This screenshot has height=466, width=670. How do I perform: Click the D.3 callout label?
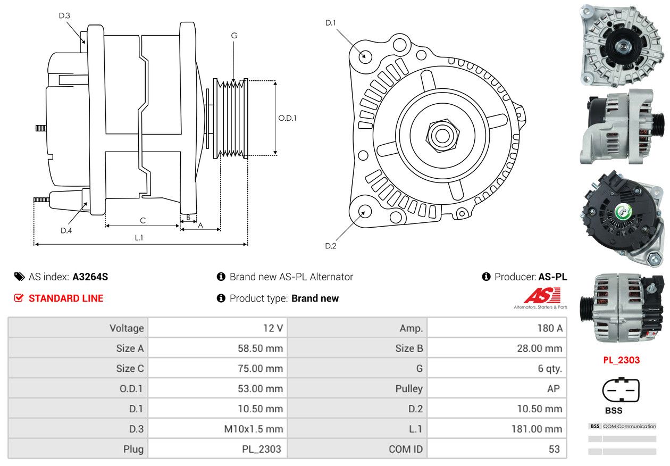click(x=64, y=16)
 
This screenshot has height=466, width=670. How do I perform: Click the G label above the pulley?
click(x=234, y=36)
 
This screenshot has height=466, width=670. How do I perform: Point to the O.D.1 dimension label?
click(x=287, y=118)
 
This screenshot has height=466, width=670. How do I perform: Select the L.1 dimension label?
click(x=139, y=238)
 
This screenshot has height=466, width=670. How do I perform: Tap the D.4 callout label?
click(x=66, y=230)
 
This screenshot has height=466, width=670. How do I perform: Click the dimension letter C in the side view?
click(x=143, y=220)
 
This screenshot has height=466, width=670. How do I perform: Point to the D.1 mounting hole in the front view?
click(x=365, y=56)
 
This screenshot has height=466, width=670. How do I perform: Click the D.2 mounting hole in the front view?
click(x=364, y=211)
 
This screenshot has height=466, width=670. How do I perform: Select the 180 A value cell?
click(x=549, y=328)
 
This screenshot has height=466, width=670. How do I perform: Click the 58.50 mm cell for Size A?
click(x=260, y=348)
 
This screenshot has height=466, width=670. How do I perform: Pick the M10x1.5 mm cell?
click(x=254, y=429)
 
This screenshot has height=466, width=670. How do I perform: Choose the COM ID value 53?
click(x=554, y=449)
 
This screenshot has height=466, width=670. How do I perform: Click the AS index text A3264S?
click(x=90, y=277)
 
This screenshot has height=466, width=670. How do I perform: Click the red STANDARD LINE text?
click(x=66, y=298)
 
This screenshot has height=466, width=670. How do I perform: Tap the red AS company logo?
click(x=542, y=296)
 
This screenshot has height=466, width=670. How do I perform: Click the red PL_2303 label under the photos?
click(x=621, y=360)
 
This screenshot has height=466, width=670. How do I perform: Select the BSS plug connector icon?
click(x=617, y=390)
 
